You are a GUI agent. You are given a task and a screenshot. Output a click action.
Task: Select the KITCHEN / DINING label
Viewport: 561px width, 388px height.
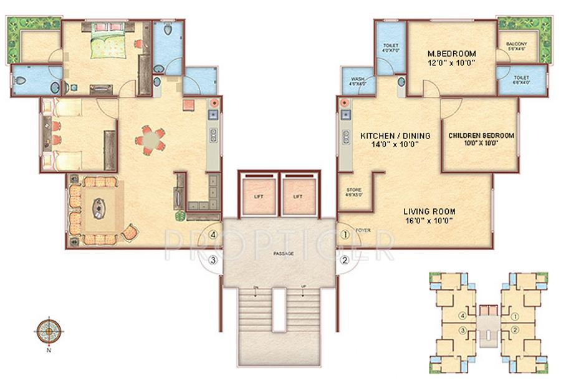[x=389, y=139]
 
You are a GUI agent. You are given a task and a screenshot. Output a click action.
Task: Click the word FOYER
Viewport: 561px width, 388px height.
[x=363, y=230]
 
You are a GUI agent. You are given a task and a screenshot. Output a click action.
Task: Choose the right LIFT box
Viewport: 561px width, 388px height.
[x=297, y=196]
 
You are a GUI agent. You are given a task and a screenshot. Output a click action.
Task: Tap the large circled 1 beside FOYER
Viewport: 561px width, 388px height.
[x=345, y=235]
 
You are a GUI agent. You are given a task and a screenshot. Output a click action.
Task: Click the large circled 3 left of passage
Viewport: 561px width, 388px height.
[x=214, y=261]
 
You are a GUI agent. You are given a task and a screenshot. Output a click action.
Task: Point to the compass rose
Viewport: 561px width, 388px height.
[x=49, y=331]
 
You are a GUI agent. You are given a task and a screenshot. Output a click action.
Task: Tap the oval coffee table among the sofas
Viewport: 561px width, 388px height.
[x=98, y=208]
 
